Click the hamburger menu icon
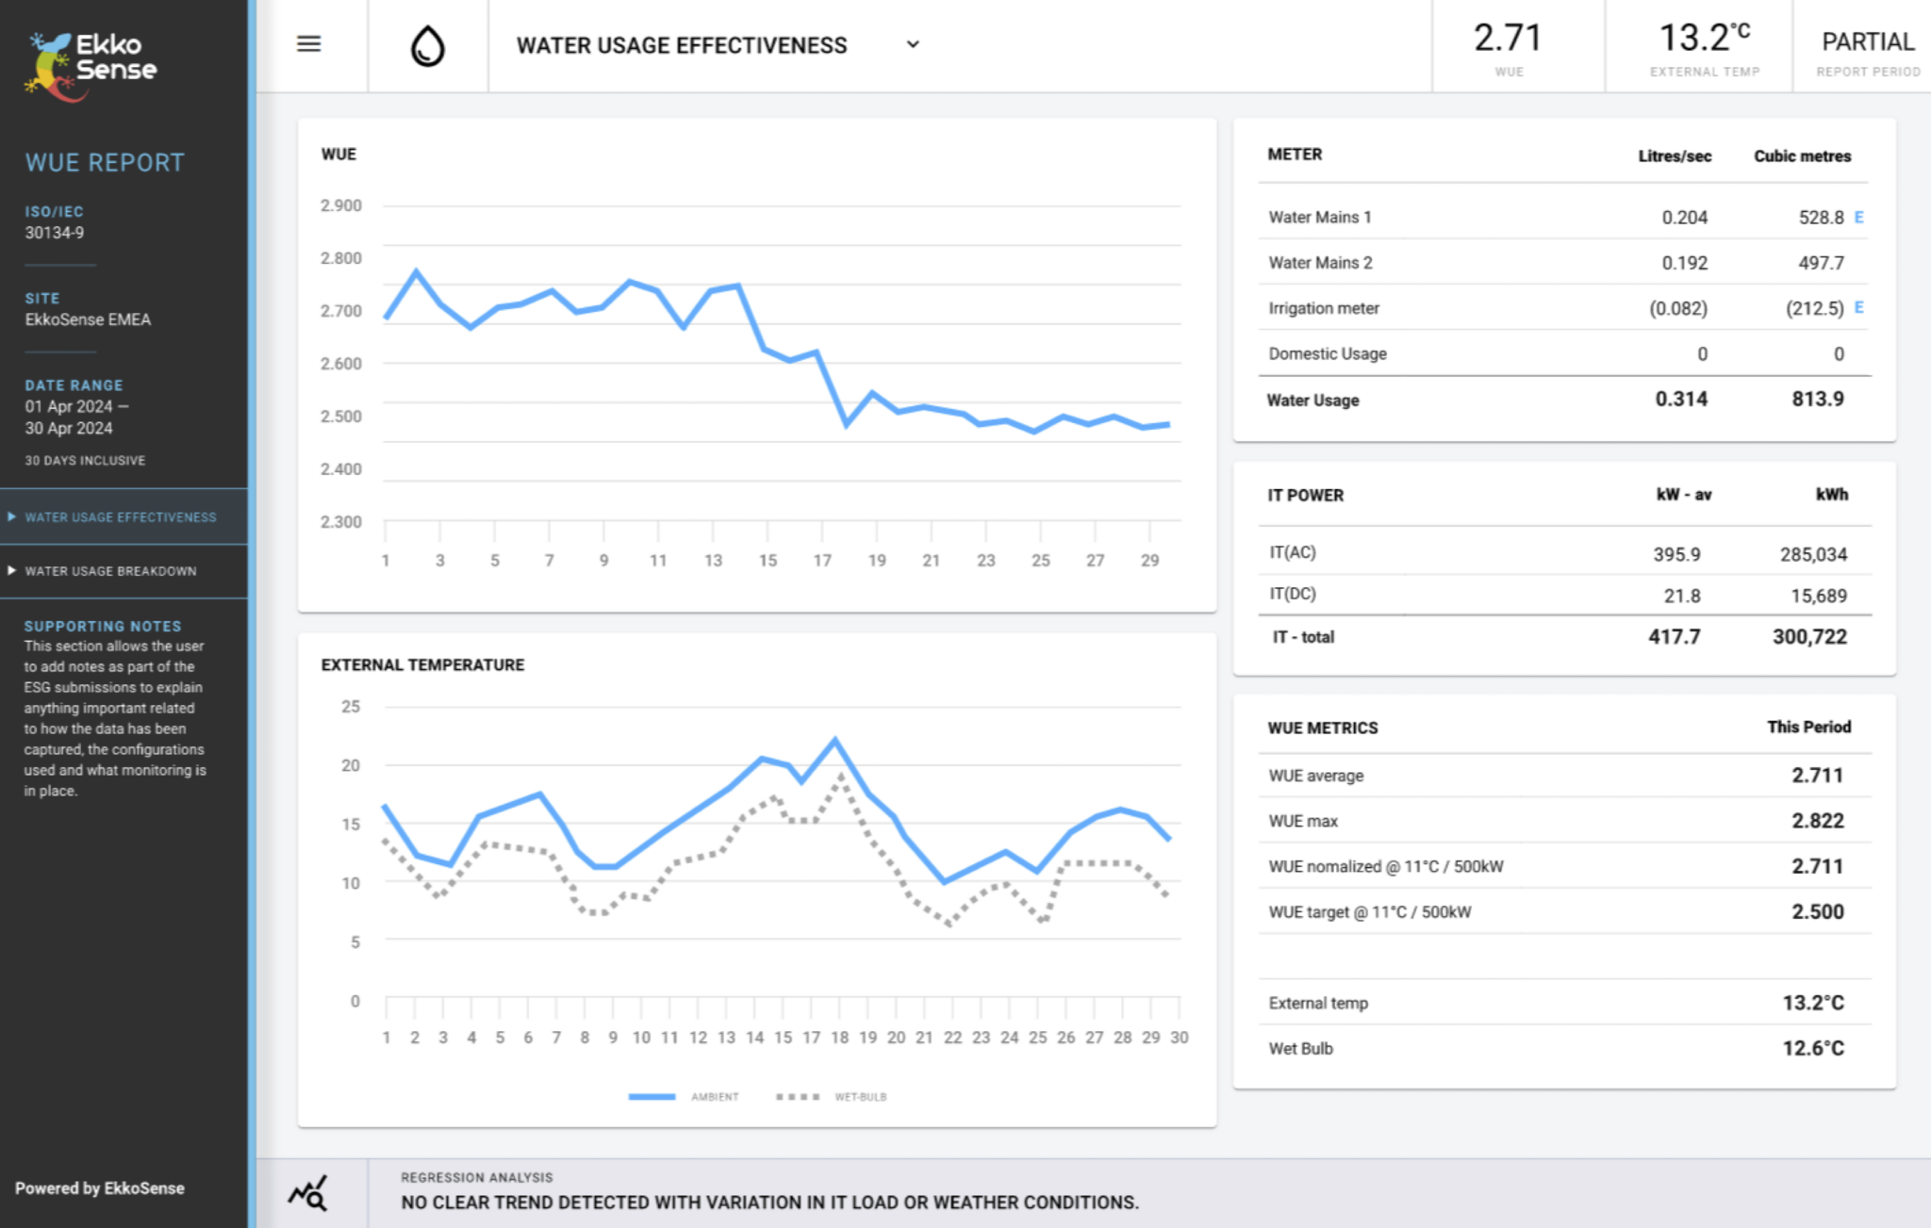[x=309, y=44]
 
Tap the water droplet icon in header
[x=427, y=45]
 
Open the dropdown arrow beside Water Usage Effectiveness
[x=913, y=44]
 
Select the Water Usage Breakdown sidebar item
[x=110, y=571]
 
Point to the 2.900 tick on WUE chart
[x=341, y=205]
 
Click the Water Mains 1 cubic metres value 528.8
[x=1821, y=218]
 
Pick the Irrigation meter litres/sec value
[x=1677, y=308]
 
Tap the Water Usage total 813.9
[x=1817, y=400]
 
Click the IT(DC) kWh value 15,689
[x=1818, y=596]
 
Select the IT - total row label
[x=1303, y=637]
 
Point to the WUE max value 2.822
[x=1817, y=821]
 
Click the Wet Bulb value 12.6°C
[x=1812, y=1048]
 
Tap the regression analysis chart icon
[x=307, y=1193]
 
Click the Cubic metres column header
[x=1802, y=156]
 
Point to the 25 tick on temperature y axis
[x=351, y=707]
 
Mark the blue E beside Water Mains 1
[x=1858, y=217]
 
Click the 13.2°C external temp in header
[x=1704, y=39]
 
